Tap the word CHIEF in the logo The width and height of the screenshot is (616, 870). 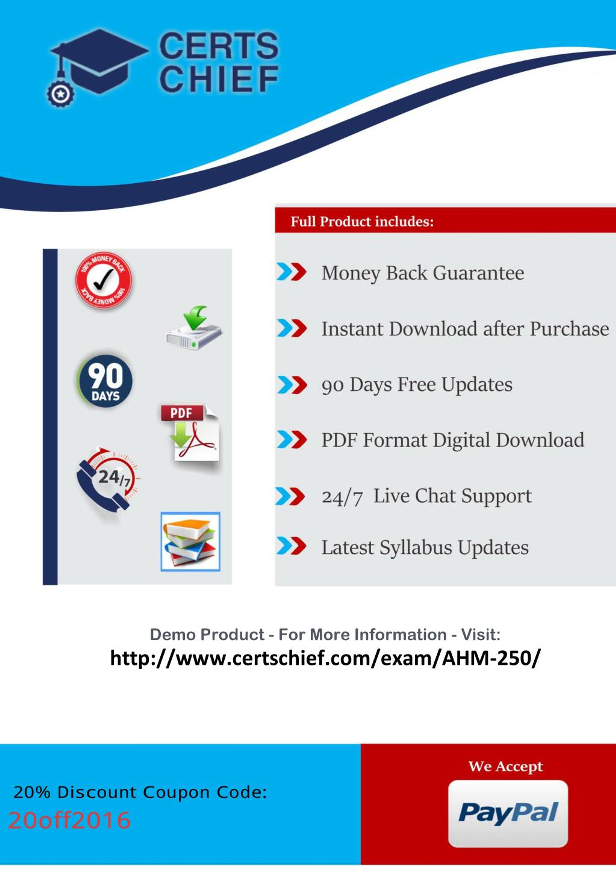point(219,79)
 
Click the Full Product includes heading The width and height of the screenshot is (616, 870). point(362,222)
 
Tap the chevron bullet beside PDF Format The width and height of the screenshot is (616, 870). point(291,440)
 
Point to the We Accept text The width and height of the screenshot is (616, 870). point(505,767)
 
